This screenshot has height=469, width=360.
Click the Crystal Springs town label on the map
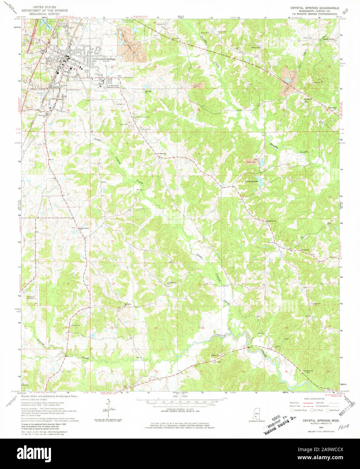click(106, 59)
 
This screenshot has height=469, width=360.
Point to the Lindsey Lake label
click(251, 182)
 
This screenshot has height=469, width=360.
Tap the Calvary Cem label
click(255, 48)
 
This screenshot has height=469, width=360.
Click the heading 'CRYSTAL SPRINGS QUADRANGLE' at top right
click(314, 7)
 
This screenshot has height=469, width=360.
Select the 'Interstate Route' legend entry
click(301, 410)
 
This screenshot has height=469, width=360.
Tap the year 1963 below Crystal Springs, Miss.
click(316, 427)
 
